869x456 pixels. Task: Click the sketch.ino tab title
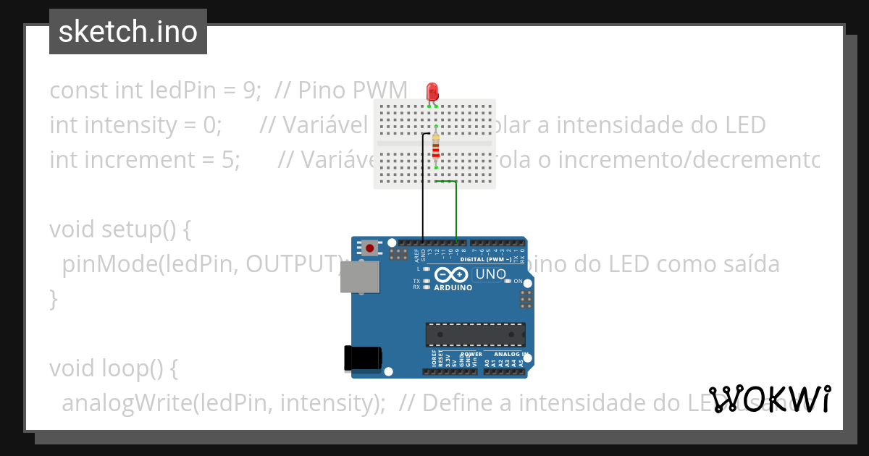point(127,32)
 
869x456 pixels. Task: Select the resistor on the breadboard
point(435,145)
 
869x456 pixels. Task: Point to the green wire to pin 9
point(456,210)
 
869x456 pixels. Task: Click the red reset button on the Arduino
point(371,248)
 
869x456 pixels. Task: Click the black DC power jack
point(362,358)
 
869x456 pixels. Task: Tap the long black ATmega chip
point(475,334)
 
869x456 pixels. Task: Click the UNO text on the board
point(490,275)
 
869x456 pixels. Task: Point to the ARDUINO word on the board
point(453,287)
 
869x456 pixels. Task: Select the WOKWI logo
point(770,399)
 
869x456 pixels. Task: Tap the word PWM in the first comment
point(380,90)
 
